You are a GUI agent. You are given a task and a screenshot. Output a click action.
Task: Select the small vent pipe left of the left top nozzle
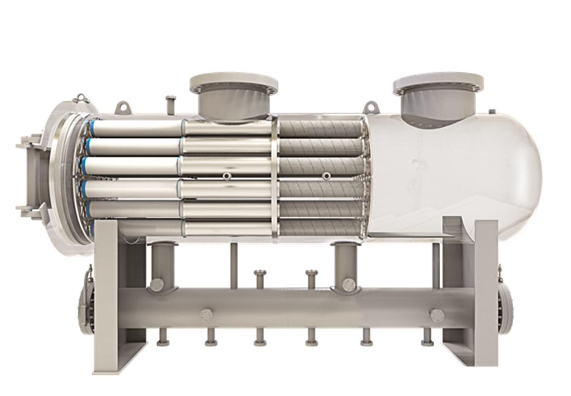click(x=170, y=104)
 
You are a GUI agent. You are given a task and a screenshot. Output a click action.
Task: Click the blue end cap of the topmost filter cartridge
click(x=92, y=127)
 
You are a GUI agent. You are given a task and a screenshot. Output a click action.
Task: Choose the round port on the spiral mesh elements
click(x=328, y=176)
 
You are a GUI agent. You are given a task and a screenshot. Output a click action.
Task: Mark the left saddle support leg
click(x=110, y=293)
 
